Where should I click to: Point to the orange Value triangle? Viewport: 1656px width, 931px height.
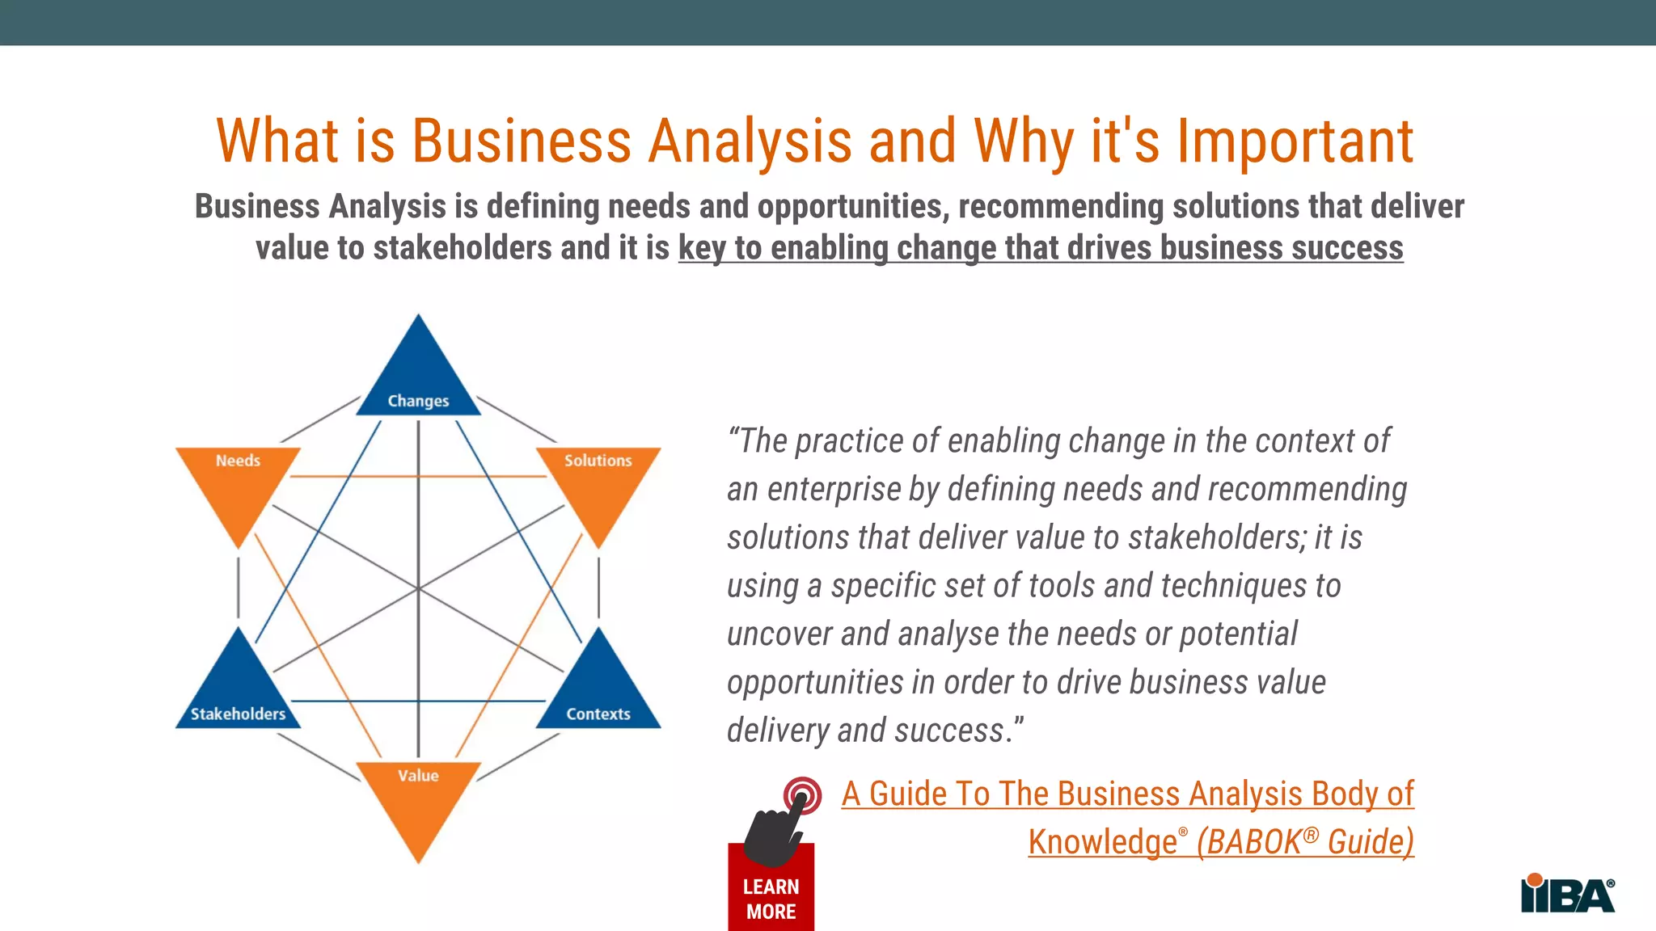click(x=418, y=800)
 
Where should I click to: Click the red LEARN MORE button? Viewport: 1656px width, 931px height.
click(x=771, y=899)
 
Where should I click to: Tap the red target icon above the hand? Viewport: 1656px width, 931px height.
click(x=802, y=795)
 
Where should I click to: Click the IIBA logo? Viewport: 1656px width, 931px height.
click(x=1567, y=894)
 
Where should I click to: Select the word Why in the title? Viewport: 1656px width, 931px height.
click(x=1023, y=141)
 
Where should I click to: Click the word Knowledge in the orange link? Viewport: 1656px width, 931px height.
click(x=1102, y=842)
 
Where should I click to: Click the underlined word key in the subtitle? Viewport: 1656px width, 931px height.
click(x=702, y=248)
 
